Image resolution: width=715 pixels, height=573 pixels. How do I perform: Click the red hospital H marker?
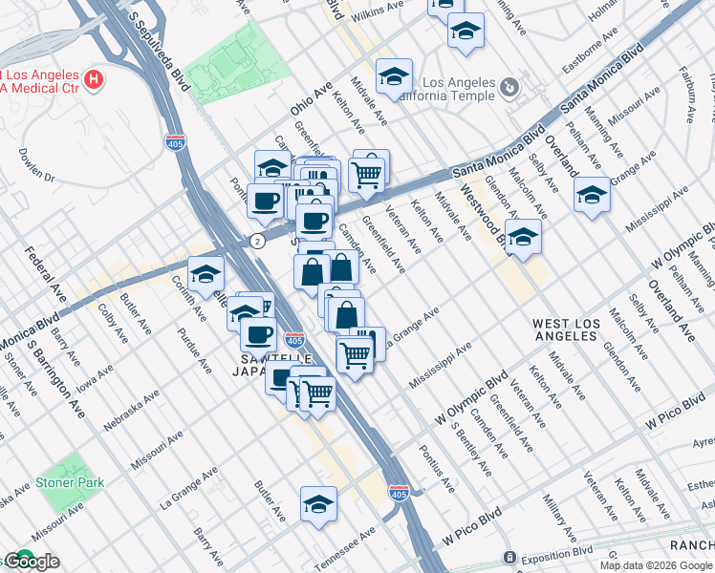(94, 79)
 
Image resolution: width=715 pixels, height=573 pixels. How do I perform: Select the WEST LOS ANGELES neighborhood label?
(567, 331)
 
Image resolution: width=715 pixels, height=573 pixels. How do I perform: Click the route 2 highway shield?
(257, 242)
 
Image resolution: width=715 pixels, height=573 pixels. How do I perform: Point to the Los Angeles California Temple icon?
(509, 88)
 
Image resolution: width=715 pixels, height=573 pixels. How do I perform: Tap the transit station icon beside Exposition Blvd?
(510, 557)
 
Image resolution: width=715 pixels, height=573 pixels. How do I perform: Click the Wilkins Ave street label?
(379, 15)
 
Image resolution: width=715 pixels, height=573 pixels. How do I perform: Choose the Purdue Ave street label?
(192, 350)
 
